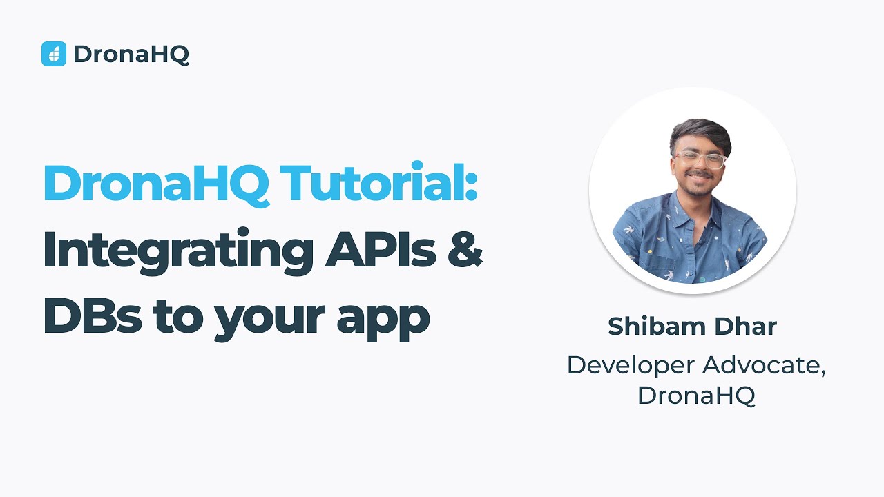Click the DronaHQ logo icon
[x=53, y=54]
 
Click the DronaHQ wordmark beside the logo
[x=131, y=54]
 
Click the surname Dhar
[x=747, y=327]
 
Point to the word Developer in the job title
[x=629, y=366]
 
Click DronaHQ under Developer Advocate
[x=696, y=396]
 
